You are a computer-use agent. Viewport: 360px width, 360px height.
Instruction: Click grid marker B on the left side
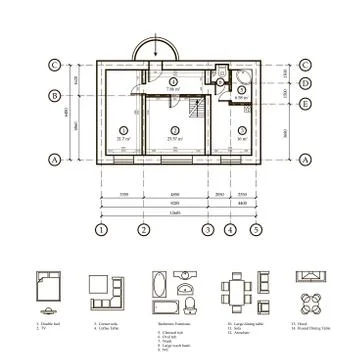[x=52, y=96]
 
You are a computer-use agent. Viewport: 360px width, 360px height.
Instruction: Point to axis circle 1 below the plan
[x=101, y=229]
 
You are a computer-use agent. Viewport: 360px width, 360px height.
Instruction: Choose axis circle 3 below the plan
[x=208, y=229]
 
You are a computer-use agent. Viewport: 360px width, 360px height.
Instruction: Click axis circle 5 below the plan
[x=256, y=229]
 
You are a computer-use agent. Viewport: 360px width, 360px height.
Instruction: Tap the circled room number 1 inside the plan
[x=122, y=129]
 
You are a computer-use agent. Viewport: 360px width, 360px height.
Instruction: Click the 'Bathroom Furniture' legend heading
[x=173, y=323]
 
